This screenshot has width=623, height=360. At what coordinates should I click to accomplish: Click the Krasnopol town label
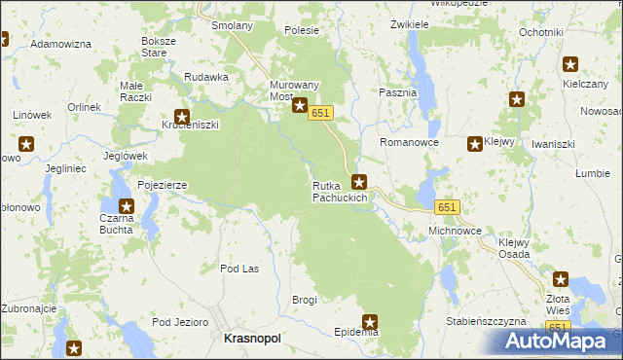252,338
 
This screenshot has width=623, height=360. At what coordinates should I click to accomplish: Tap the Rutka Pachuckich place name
340,192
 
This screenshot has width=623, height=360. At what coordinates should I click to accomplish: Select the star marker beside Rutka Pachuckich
359,181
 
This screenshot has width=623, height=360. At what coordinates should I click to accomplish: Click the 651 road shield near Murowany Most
322,114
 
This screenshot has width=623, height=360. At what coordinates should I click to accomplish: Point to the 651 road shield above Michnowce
447,208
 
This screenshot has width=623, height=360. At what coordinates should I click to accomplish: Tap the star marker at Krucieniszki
181,117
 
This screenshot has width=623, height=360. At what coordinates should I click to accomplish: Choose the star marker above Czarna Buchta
127,205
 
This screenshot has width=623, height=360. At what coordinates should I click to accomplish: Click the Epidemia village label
355,332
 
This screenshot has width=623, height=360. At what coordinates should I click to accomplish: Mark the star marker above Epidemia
370,320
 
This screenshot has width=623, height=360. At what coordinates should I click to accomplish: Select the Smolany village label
233,25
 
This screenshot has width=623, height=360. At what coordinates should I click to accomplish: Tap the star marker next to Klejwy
475,144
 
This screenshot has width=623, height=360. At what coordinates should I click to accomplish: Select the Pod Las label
239,269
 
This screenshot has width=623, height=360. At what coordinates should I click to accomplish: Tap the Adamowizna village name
61,45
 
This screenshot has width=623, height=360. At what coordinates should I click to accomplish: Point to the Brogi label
305,300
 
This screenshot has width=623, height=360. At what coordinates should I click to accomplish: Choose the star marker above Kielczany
570,66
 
